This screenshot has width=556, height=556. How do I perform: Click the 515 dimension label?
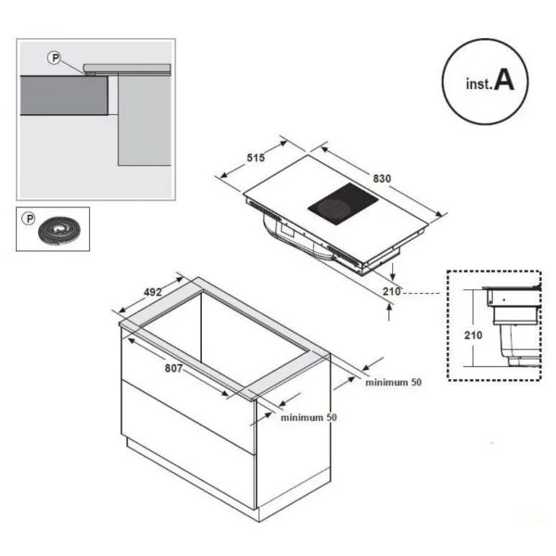tap(256, 158)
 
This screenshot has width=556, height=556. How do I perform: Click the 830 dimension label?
tap(382, 178)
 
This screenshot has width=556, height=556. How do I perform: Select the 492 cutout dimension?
tap(153, 292)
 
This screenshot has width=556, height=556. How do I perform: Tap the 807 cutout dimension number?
tap(174, 369)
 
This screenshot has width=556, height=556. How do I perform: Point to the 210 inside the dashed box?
tap(473, 335)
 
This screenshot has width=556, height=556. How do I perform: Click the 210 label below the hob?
tap(391, 292)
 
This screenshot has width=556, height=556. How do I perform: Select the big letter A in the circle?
tap(503, 80)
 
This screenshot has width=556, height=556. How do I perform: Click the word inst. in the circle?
tap(479, 84)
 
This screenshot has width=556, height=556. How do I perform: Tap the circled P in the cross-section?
tap(55, 57)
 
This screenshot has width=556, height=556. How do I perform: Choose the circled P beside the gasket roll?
tap(29, 219)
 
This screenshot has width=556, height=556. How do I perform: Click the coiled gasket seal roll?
tap(59, 231)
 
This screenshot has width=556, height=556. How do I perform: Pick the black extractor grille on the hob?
tap(343, 204)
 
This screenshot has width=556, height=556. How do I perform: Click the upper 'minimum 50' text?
tap(393, 382)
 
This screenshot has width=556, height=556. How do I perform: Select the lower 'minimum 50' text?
tap(309, 417)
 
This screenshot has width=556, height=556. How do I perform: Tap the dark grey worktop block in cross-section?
tap(64, 95)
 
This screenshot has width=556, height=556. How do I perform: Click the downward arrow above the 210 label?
tap(393, 272)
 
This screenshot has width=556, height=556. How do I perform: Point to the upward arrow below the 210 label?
tap(389, 313)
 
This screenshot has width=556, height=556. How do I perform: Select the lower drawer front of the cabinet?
tap(188, 445)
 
